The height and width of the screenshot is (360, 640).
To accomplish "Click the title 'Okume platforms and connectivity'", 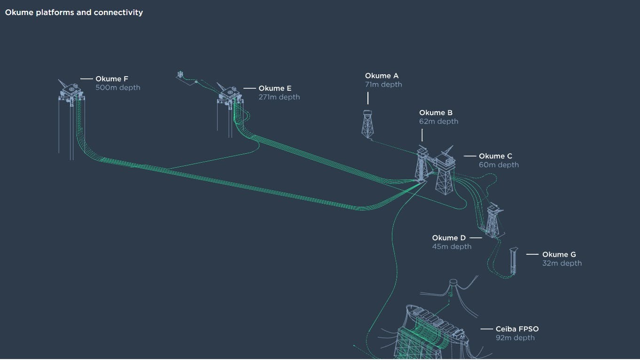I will click(74, 13).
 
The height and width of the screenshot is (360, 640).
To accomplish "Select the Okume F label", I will click(112, 79).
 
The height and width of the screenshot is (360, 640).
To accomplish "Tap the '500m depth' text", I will click(117, 87).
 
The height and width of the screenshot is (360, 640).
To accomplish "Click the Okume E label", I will click(275, 88).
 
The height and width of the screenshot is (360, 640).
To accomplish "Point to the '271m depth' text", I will click(279, 97).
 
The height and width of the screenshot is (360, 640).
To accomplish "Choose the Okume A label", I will click(382, 76).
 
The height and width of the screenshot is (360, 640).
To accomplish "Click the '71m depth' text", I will click(383, 85).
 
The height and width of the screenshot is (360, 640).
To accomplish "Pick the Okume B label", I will click(436, 113).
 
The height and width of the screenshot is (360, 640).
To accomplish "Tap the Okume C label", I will click(495, 156).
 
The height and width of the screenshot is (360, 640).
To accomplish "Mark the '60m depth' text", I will click(499, 165).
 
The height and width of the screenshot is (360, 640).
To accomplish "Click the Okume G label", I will click(559, 255).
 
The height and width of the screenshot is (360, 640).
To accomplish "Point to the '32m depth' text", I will click(562, 263).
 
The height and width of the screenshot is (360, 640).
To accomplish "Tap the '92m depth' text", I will click(515, 338).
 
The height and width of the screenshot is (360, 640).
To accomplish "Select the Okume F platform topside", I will click(71, 90).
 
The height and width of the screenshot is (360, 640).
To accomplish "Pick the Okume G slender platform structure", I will click(513, 260).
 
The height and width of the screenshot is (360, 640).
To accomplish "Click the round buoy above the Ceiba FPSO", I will click(453, 282).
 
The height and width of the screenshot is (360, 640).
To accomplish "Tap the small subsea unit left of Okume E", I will click(180, 75).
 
